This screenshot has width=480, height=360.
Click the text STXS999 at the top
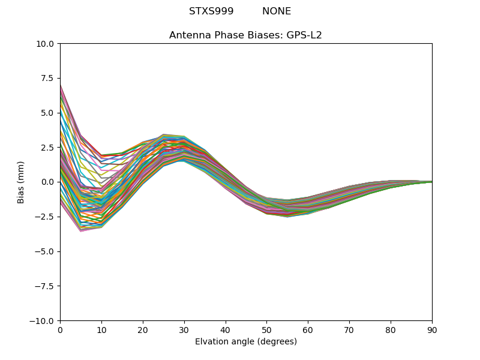point(211,11)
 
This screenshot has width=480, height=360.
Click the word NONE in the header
point(277,11)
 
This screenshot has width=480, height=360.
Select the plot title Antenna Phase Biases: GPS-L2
point(245,35)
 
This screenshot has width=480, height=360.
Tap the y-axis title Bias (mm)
point(21,182)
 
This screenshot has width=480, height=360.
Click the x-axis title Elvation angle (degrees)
point(245,342)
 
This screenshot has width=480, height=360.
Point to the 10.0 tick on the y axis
point(45,44)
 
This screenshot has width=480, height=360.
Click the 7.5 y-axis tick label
point(47,78)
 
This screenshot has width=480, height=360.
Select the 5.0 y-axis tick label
point(47,113)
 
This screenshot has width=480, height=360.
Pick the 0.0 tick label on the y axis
point(47,182)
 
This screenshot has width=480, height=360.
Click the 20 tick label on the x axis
point(143,329)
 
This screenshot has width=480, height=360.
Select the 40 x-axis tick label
point(226,329)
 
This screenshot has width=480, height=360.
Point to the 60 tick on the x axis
point(308,329)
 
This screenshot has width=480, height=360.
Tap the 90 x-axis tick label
point(432,329)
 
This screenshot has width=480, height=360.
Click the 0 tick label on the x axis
point(60,329)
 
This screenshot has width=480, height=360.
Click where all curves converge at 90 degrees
point(431,182)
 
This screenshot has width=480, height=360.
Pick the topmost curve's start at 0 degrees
point(61,85)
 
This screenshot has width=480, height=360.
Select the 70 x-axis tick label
point(349,329)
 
